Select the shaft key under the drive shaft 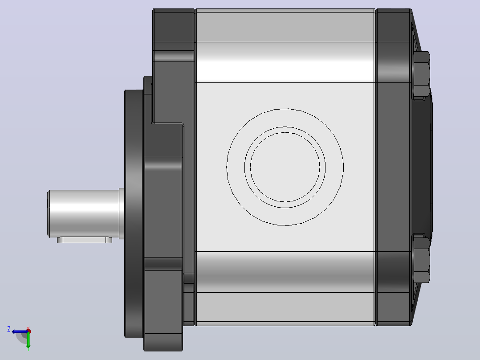85,240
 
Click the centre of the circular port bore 285,167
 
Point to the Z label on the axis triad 9,329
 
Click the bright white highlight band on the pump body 285,62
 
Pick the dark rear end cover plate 393,167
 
